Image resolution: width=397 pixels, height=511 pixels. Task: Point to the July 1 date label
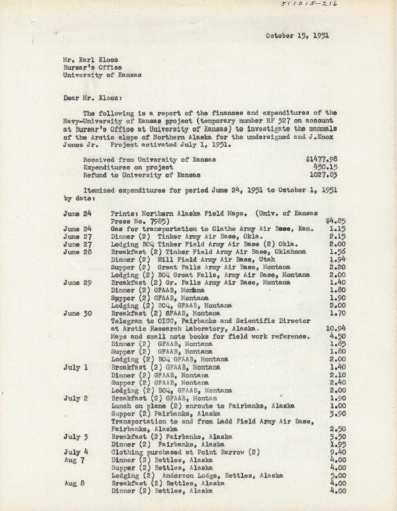76,366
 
